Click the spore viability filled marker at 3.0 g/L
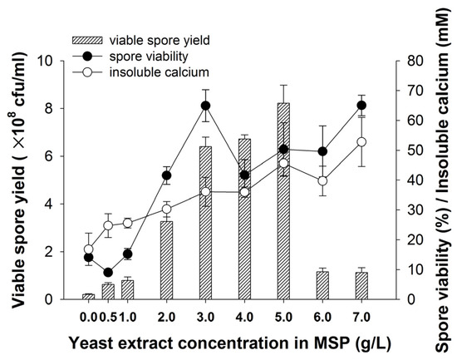(205, 106)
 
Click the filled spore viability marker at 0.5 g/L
(108, 272)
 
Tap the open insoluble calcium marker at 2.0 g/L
(166, 209)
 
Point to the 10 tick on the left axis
(63, 61)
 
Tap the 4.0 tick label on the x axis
(244, 317)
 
